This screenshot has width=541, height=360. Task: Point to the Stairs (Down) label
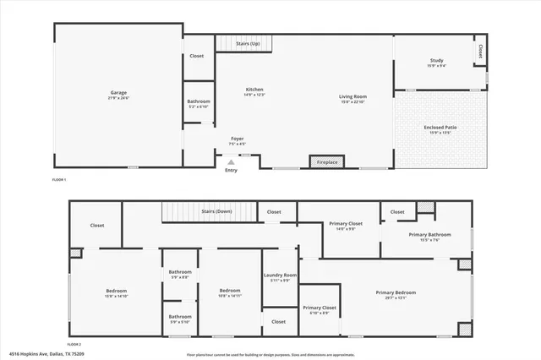(x=216, y=211)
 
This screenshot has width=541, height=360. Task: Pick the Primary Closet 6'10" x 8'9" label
(x=320, y=309)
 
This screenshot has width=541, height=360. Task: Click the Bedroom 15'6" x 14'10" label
(x=116, y=292)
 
